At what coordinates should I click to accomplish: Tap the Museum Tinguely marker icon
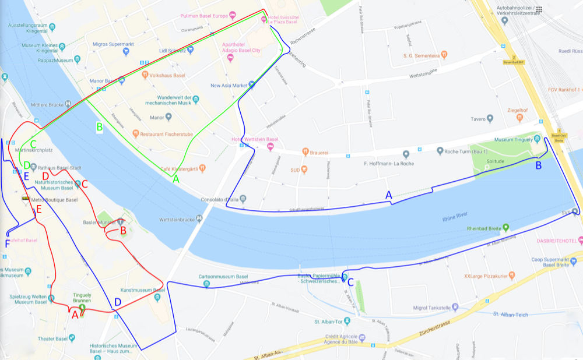click(x=487, y=140)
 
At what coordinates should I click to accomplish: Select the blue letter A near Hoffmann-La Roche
click(x=389, y=196)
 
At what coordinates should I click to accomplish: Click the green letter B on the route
click(x=99, y=126)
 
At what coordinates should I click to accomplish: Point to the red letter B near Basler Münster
click(x=123, y=231)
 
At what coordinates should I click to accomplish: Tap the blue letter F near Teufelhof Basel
click(x=7, y=243)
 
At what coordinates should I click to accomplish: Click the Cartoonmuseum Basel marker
click(x=207, y=284)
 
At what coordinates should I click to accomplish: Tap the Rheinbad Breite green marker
click(x=505, y=228)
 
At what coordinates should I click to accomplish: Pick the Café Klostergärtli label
click(x=178, y=169)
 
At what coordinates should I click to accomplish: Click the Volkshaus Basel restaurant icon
click(x=145, y=75)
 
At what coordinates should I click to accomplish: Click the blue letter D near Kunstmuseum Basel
click(x=118, y=302)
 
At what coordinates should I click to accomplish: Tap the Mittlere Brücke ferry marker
click(x=69, y=104)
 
